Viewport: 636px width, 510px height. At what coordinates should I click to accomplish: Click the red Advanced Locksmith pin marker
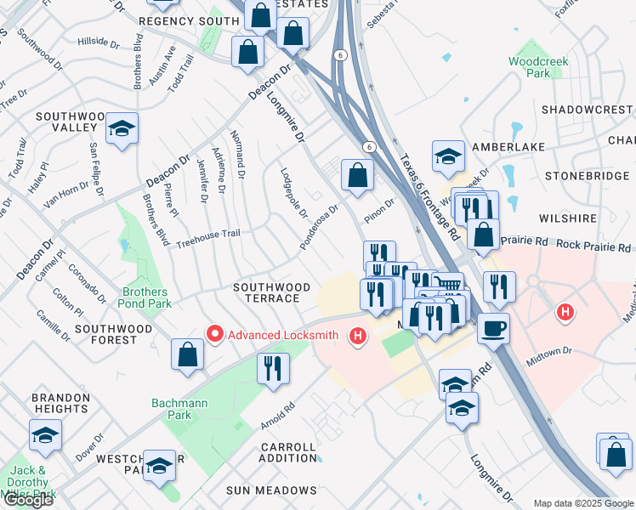pos(215,335)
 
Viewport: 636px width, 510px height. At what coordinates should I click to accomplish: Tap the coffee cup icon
pos(493,327)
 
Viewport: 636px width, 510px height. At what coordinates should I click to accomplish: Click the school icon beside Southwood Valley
pos(122,128)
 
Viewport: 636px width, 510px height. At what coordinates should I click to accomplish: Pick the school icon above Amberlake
pos(448,156)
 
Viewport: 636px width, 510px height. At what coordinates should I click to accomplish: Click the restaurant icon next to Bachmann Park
pos(272,368)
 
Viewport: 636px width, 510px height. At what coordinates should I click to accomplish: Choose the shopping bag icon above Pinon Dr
pos(357,175)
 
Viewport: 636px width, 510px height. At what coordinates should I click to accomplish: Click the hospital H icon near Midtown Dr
pos(565,314)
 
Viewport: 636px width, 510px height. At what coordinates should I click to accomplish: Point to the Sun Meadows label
pos(271,490)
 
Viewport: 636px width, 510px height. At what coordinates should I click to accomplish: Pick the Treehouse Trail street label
pos(208,238)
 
